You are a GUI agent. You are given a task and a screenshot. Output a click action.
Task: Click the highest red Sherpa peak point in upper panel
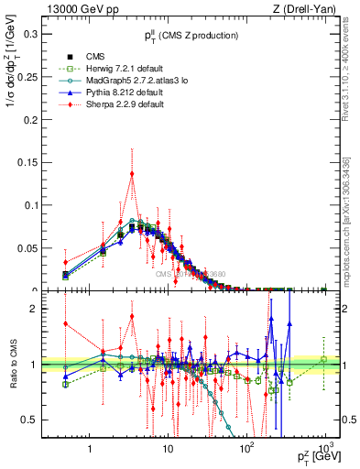[132, 173]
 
